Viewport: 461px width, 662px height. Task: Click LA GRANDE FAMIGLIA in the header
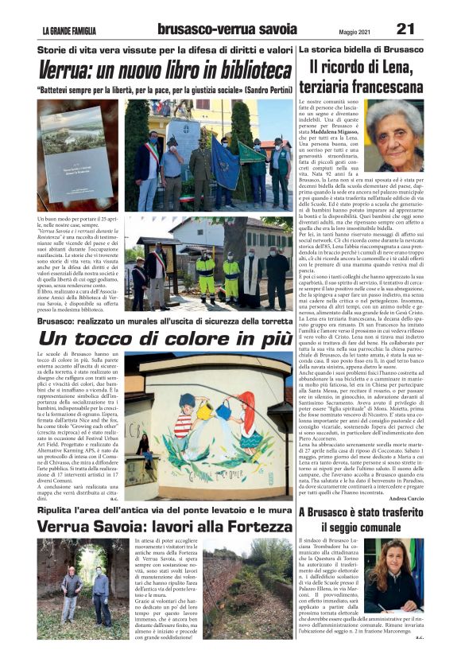tap(70, 31)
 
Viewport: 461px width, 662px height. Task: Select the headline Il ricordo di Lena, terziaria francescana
tap(366, 77)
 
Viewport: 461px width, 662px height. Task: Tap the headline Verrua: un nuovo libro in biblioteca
tap(165, 70)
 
